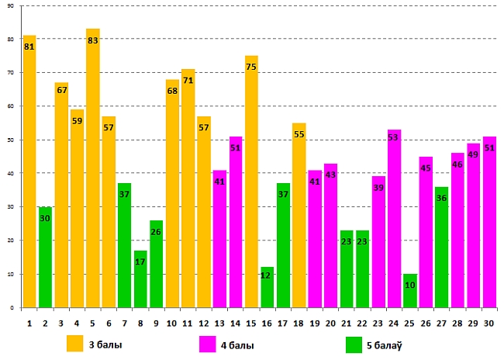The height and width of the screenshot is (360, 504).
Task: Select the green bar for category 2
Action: (45, 257)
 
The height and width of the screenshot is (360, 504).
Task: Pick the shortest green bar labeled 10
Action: (410, 291)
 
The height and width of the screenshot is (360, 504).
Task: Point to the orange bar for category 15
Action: (251, 182)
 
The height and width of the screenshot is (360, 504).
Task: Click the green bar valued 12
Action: (268, 287)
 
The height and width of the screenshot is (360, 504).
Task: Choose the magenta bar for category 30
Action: (489, 222)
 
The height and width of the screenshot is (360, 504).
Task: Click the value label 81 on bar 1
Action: (29, 47)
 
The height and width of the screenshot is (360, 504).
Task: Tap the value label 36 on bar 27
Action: (441, 199)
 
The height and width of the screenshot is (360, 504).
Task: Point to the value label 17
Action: (140, 262)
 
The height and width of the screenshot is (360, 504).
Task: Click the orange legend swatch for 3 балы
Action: (75, 344)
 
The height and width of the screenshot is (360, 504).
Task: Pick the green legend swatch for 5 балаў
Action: (354, 344)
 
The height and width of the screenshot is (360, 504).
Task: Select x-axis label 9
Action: (157, 323)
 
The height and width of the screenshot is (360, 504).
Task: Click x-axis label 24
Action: (394, 323)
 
